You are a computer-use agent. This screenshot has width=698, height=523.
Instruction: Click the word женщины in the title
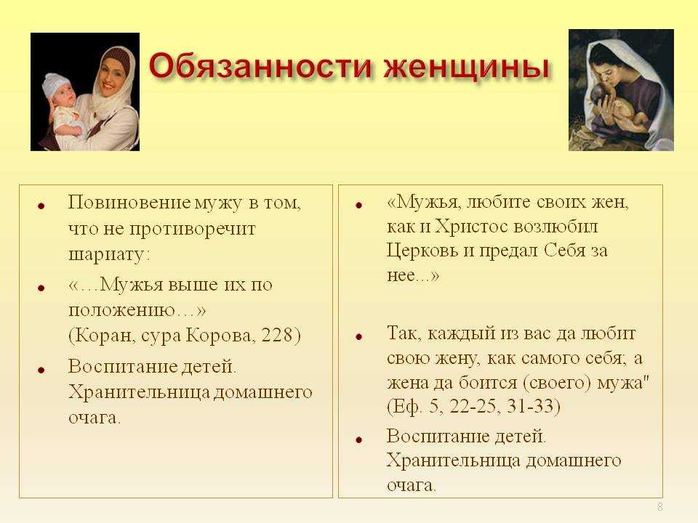[x=467, y=67]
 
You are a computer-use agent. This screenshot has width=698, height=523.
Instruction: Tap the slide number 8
[x=659, y=506]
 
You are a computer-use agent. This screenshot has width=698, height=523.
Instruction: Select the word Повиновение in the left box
[x=129, y=203]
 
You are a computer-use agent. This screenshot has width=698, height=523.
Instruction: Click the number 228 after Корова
[x=276, y=335]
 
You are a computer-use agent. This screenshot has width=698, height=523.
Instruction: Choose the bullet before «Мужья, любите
[x=358, y=205]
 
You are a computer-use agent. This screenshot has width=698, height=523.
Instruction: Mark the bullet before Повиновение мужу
[x=41, y=206]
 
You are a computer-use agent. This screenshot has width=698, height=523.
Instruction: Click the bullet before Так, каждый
[x=358, y=336]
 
